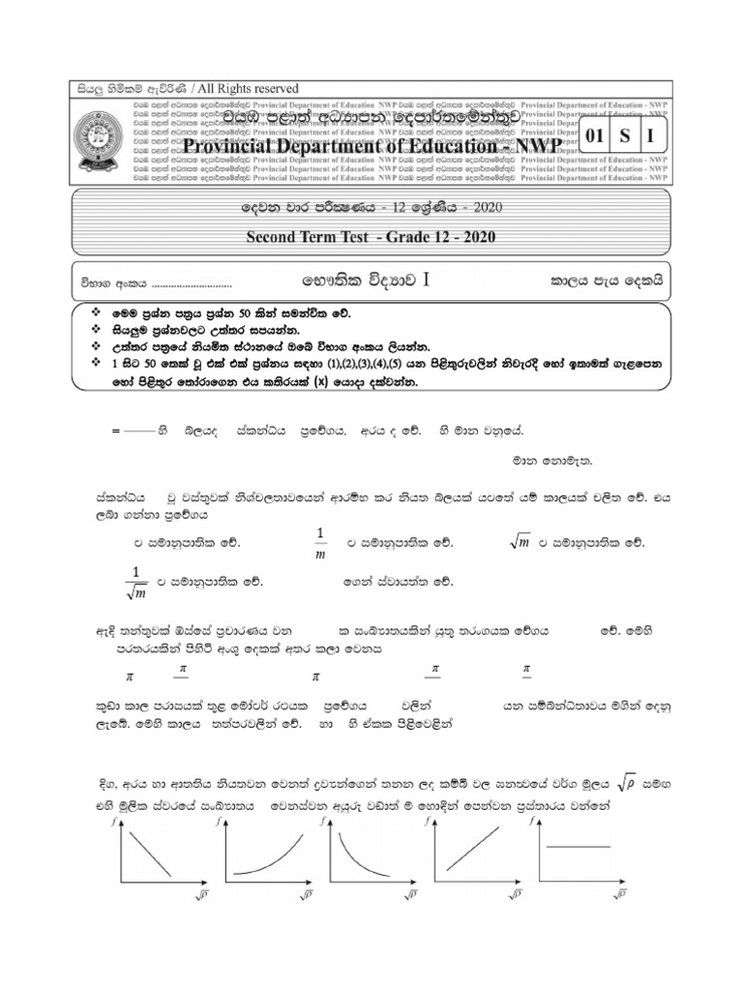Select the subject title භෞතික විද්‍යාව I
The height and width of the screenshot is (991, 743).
[364, 281]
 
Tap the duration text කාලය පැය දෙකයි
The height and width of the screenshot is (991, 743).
[606, 282]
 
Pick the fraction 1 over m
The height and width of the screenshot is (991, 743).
[321, 544]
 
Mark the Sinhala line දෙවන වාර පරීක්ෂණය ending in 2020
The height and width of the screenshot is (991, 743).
[371, 208]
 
